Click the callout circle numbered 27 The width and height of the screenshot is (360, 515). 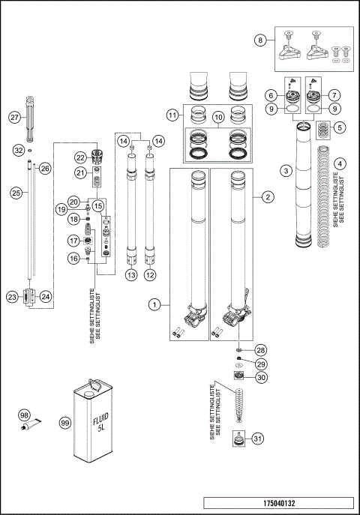(13, 118)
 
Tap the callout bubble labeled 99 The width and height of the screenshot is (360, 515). (65, 423)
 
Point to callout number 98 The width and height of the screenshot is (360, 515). (25, 415)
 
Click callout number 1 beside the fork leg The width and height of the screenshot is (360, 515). (154, 305)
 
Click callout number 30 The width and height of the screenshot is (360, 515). (260, 377)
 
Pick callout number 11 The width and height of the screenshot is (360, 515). (172, 115)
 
